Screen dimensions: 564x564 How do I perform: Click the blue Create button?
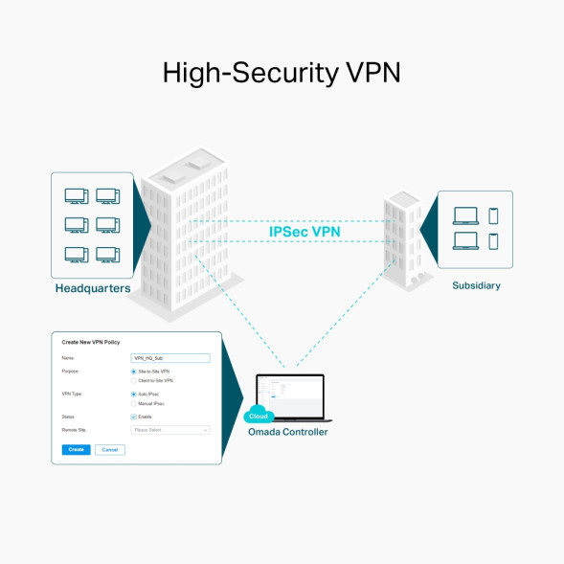(76, 449)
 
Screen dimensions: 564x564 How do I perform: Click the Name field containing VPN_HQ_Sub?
(170, 357)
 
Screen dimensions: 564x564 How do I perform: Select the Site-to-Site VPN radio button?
(133, 371)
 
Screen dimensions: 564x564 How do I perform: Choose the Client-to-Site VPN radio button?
(133, 380)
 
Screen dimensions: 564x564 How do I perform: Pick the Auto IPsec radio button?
(133, 394)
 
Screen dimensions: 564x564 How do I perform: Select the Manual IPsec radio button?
(133, 403)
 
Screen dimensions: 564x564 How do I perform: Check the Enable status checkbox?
(133, 417)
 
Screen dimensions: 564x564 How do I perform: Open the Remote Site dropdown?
(170, 430)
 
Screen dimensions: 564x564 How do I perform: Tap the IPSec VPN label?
(304, 231)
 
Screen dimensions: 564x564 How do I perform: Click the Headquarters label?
(93, 288)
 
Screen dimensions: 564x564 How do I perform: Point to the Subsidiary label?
(476, 285)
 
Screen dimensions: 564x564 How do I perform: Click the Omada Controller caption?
(287, 432)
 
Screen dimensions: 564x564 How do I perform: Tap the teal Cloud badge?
(258, 416)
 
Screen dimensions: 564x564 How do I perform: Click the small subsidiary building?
(401, 239)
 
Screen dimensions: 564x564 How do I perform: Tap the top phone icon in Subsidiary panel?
(493, 216)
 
